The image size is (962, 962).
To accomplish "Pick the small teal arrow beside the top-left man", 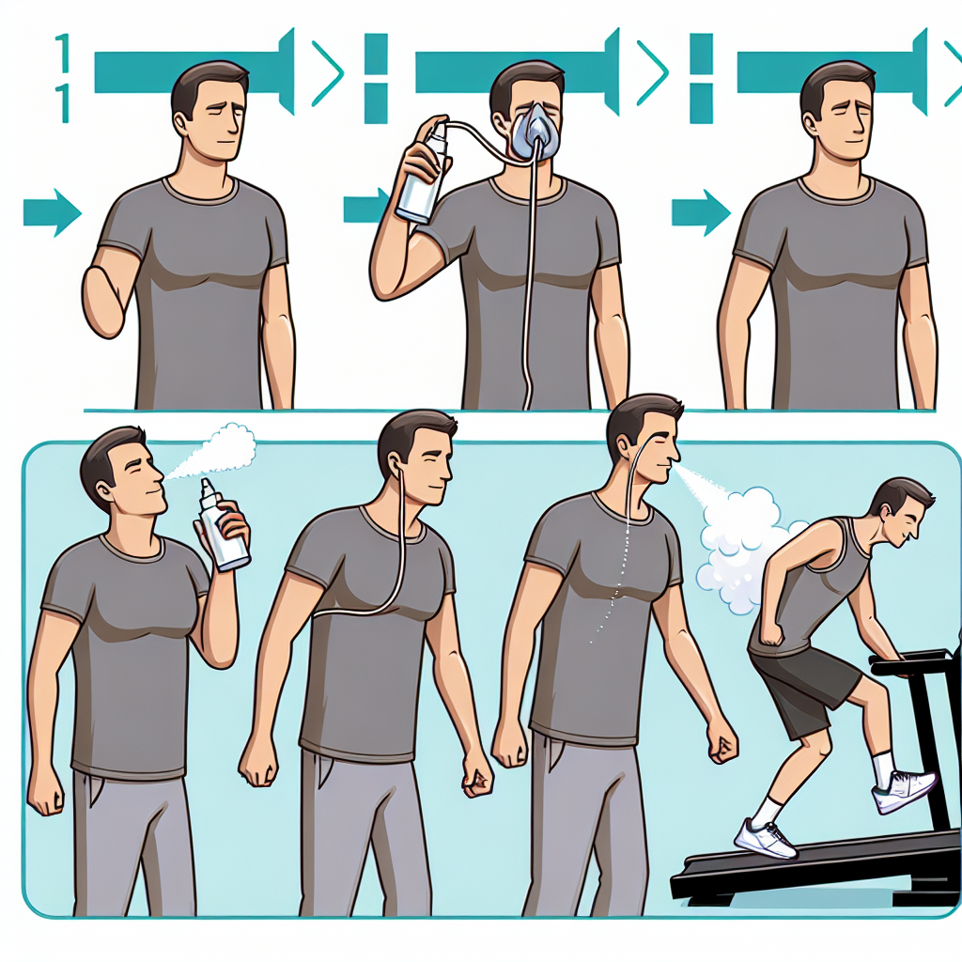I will pos(52,212).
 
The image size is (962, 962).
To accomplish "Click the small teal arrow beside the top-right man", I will pos(700,212).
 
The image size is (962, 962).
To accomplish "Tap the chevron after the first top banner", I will pos(328,72).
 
